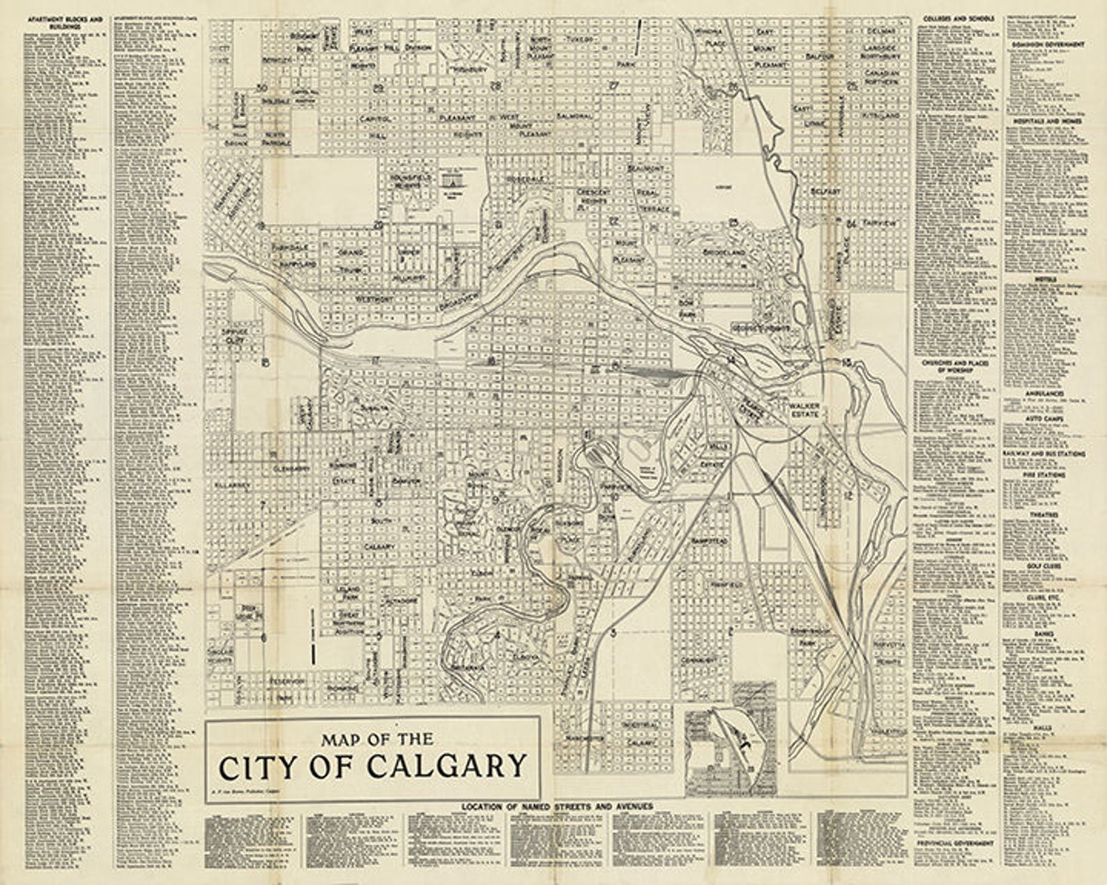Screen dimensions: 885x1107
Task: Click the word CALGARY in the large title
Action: tap(445, 766)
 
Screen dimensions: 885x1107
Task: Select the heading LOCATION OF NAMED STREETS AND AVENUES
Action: tap(557, 806)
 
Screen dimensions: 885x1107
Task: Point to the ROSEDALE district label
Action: tap(524, 179)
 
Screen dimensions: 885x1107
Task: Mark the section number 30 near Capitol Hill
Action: tap(262, 87)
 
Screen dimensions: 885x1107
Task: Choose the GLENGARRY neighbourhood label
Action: tap(291, 468)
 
